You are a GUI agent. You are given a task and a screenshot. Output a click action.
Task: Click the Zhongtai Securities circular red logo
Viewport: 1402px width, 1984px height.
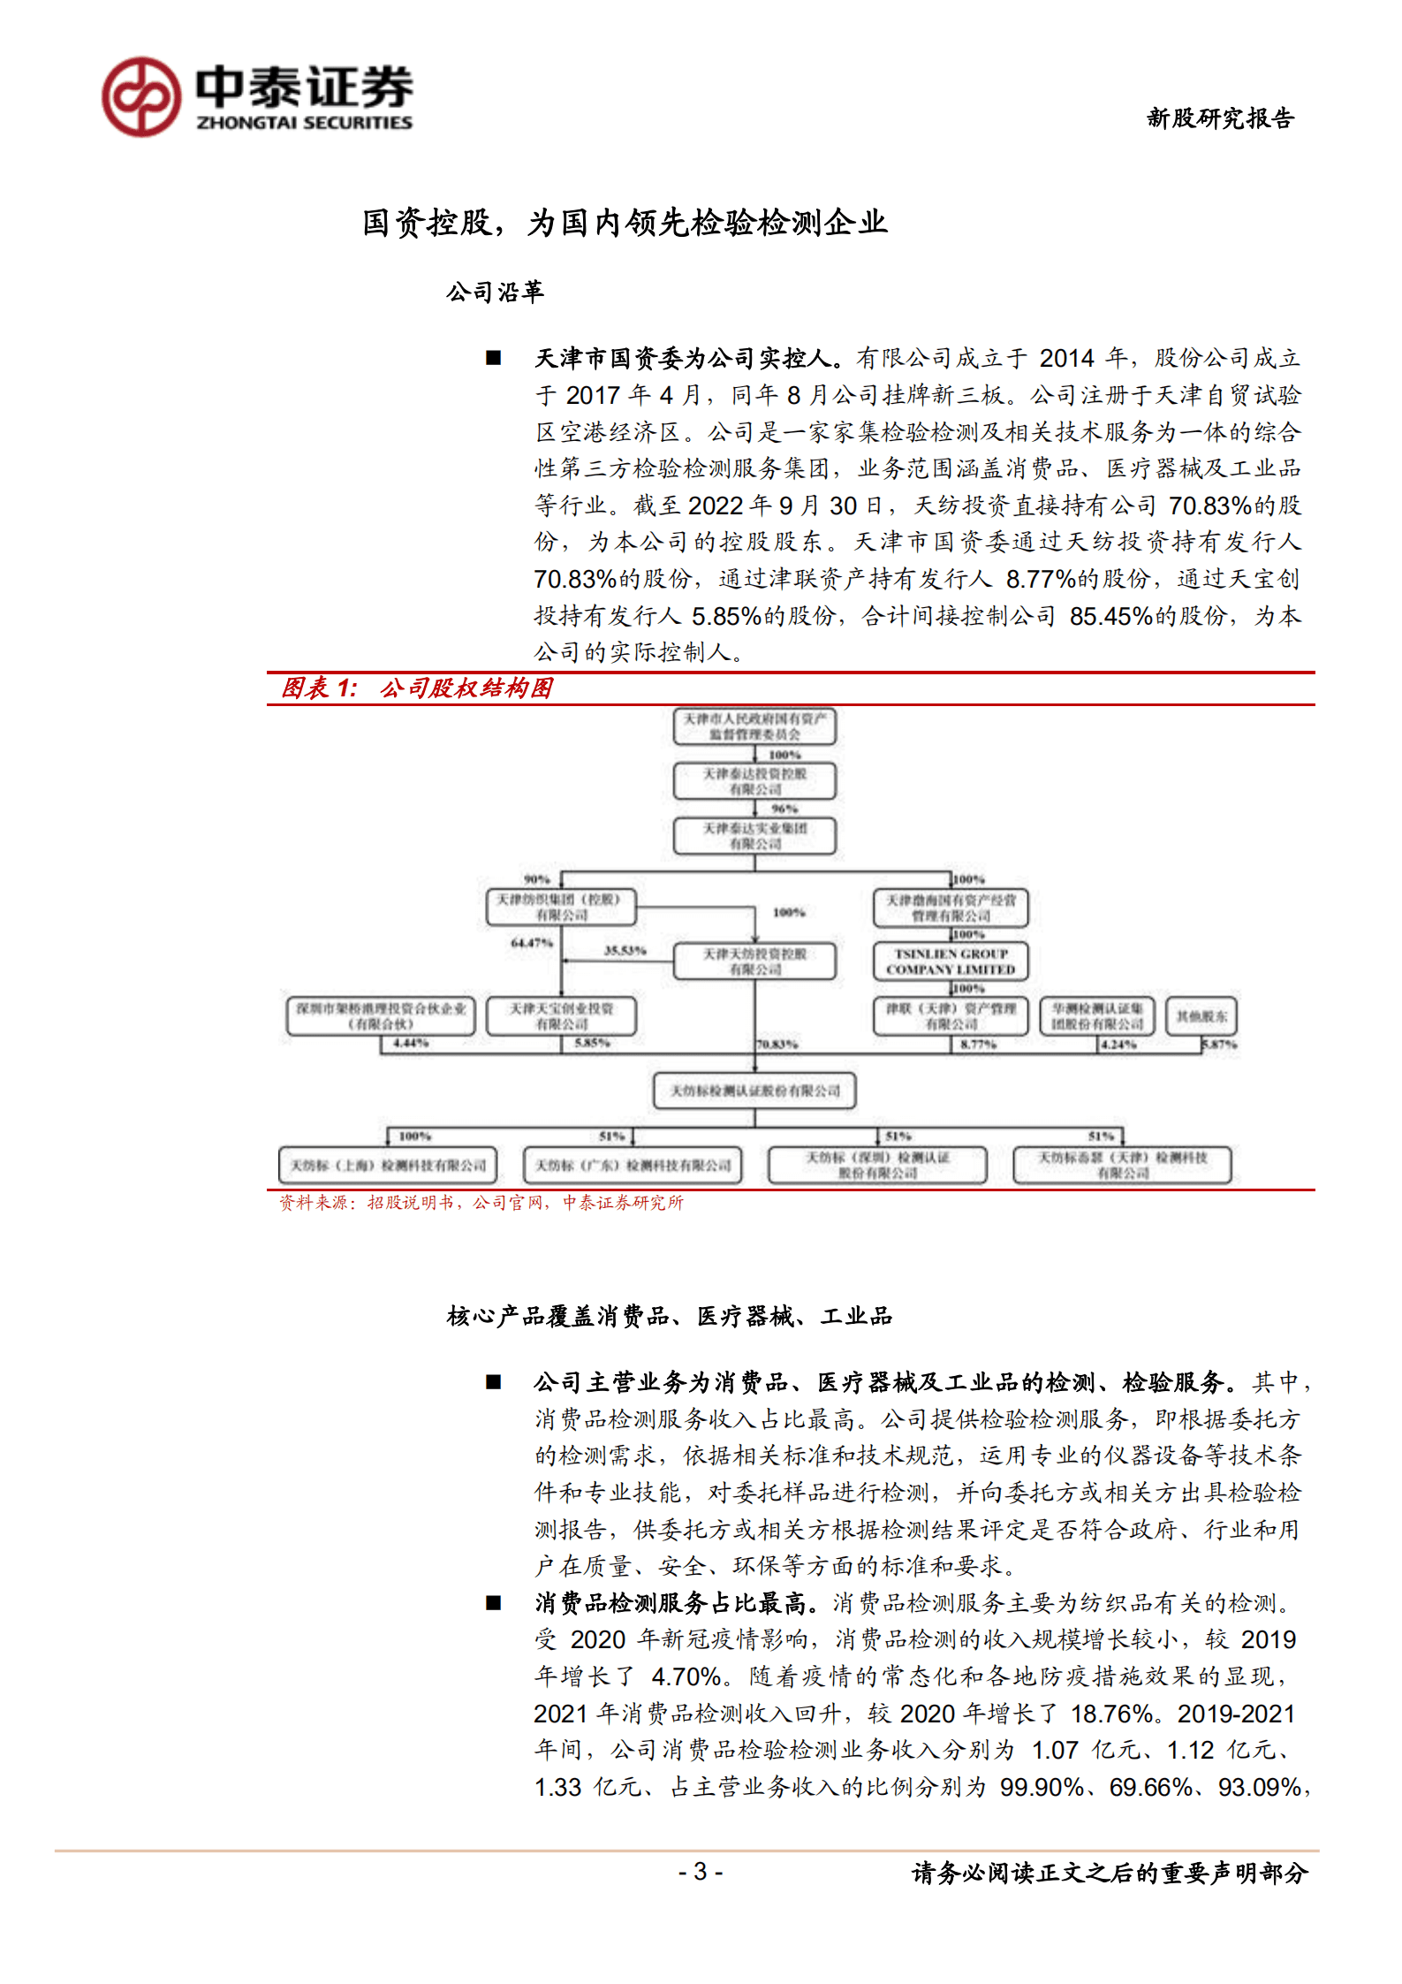point(141,97)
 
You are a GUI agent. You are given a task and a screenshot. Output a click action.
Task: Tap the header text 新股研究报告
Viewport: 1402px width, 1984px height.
point(1220,118)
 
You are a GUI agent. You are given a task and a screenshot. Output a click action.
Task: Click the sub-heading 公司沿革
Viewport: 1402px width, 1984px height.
point(495,292)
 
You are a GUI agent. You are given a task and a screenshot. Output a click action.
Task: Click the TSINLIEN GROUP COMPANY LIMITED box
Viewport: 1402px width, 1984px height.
point(951,962)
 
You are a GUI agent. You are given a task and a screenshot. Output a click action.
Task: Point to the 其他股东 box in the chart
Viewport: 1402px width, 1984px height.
point(1201,1016)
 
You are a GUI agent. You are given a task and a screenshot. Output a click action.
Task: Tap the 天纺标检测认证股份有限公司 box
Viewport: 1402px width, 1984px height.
point(754,1091)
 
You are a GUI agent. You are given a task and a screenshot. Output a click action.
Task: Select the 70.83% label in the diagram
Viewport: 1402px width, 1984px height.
point(777,1044)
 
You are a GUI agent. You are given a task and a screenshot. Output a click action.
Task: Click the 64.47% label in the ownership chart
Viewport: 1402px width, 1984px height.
point(531,943)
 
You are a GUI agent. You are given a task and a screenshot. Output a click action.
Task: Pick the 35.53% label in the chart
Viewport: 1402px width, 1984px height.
point(625,950)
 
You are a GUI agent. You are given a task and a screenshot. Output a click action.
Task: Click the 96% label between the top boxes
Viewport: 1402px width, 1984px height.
point(784,809)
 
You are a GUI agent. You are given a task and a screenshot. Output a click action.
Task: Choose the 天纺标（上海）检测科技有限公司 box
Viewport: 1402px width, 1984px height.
point(388,1165)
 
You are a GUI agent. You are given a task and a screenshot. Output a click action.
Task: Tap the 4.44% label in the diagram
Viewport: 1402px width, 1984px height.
point(411,1044)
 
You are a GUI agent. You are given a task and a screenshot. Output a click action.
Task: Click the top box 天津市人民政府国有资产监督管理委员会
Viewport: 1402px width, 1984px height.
point(754,726)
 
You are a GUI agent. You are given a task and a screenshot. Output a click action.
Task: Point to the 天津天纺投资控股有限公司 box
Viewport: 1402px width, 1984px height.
point(754,962)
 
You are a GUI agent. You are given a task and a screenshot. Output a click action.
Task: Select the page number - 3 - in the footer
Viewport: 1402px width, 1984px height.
point(701,1871)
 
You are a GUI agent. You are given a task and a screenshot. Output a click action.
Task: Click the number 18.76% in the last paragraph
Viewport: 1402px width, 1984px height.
point(1111,1714)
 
